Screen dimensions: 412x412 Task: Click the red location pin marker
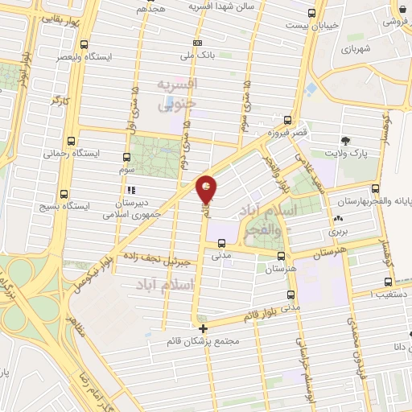point(207,189)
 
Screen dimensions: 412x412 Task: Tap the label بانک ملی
point(179,56)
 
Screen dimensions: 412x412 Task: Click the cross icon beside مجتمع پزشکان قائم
point(203,328)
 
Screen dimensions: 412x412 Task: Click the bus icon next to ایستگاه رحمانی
point(73,138)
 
